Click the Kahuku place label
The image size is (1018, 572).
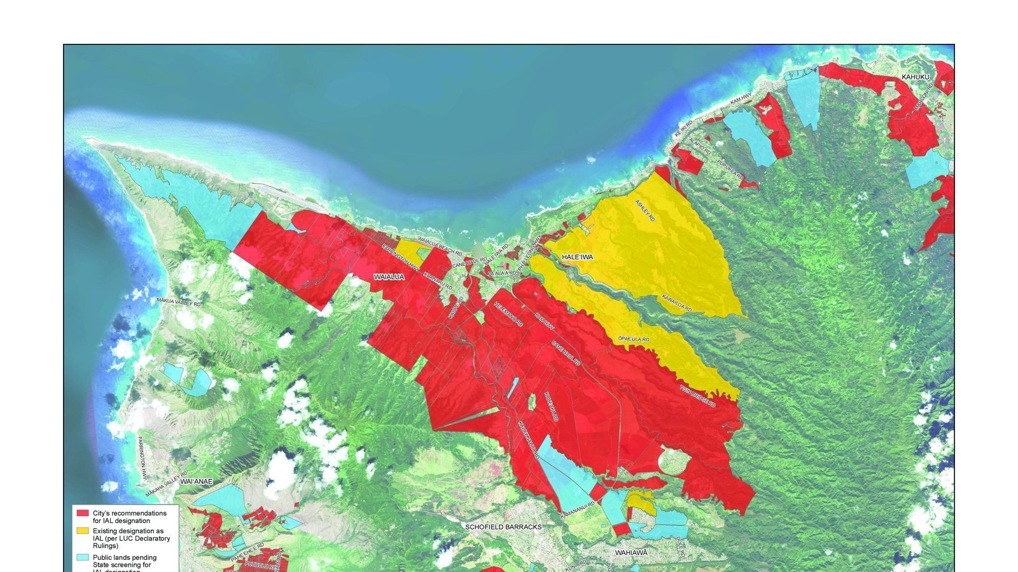915,77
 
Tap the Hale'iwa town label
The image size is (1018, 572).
577,257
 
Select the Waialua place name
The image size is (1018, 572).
389,278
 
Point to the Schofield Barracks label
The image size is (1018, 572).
503,527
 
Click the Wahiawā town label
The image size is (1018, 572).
631,553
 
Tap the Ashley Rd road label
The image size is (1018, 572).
645,210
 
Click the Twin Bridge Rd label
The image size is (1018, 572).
697,395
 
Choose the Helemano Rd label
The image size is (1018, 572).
508,314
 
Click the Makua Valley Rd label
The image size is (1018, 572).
179,303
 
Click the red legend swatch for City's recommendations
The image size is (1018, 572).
82,513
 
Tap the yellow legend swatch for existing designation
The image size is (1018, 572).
82,531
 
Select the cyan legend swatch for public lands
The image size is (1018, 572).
82,557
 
